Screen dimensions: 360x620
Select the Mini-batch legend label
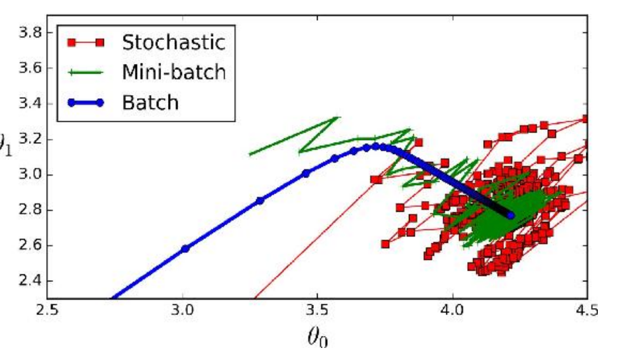pyautogui.click(x=173, y=72)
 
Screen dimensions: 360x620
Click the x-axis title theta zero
pyautogui.click(x=318, y=340)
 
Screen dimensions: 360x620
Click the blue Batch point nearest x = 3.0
pyautogui.click(x=185, y=248)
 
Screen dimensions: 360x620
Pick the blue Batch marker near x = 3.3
pyautogui.click(x=260, y=200)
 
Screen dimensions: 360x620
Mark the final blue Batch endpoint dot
pyautogui.click(x=511, y=215)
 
